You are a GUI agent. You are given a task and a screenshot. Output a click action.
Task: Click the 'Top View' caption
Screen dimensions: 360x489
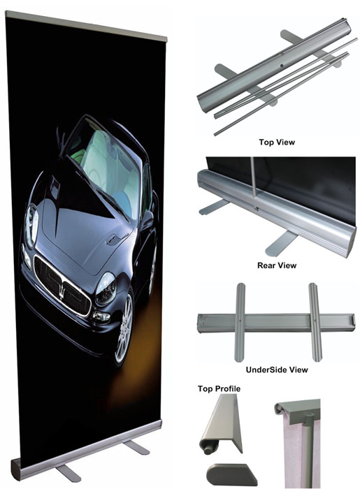277,143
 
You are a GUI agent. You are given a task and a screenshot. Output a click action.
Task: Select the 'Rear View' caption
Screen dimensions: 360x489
277,265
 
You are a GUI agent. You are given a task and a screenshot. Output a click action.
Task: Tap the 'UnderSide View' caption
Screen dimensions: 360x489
277,370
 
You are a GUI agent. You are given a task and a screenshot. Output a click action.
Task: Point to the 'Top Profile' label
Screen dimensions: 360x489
219,388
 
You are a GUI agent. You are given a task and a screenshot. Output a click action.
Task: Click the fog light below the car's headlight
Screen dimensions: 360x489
101,317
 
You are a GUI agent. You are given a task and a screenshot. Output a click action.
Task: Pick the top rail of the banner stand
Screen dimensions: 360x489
86,26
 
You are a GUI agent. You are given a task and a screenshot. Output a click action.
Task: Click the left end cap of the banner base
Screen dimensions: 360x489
16,469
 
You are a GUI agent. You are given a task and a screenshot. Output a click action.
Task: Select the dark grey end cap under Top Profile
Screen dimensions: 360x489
231,474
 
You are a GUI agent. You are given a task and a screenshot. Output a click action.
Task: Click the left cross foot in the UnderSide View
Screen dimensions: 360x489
240,322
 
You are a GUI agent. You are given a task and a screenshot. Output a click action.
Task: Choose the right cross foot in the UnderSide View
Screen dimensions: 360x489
315,322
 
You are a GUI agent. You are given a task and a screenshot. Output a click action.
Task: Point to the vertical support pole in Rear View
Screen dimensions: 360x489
254,182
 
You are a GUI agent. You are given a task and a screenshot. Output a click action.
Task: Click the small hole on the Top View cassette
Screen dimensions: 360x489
281,66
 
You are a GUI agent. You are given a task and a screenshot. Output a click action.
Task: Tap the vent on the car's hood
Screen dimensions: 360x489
111,240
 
